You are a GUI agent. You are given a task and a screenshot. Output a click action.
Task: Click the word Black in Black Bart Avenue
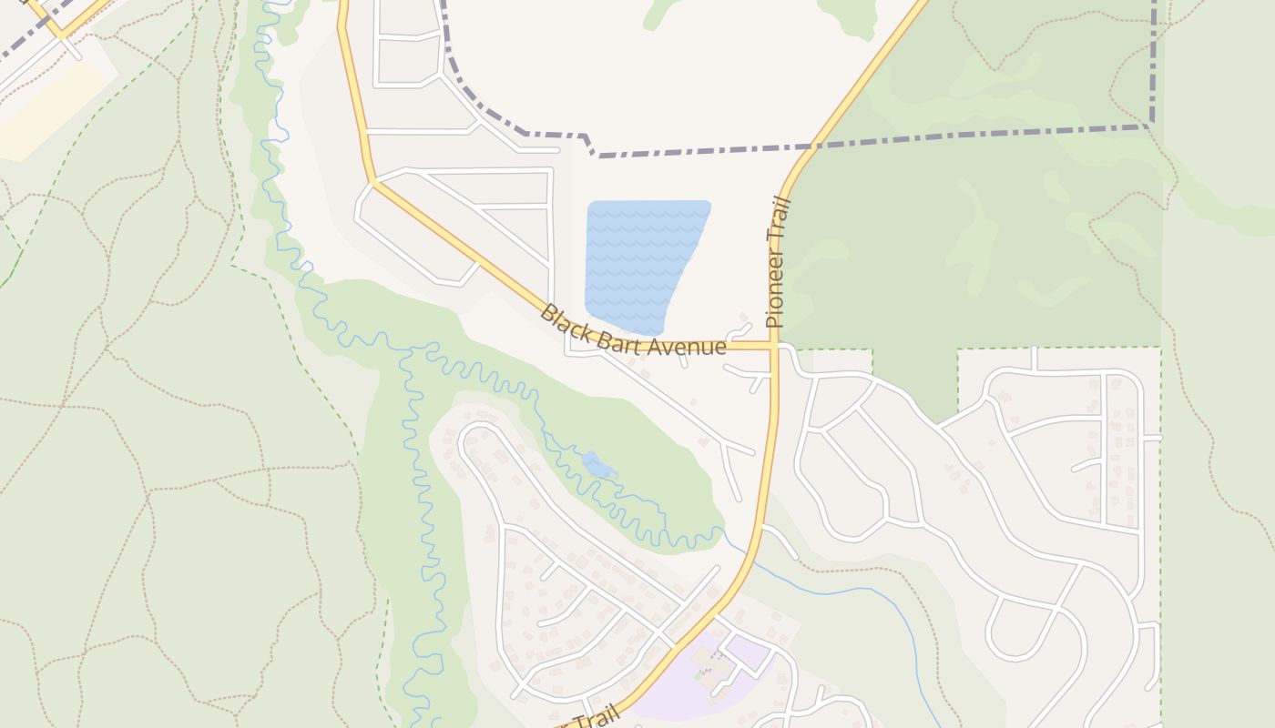click(562, 320)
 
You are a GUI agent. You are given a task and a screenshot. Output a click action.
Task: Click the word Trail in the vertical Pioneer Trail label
click(780, 217)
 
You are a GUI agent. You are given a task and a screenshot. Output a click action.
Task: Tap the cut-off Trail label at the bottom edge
click(592, 719)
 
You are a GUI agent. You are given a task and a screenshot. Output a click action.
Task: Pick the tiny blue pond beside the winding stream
click(598, 466)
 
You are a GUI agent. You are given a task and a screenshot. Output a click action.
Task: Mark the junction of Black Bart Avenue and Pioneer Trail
click(774, 346)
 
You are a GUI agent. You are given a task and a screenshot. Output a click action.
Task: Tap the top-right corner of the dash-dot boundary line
click(1152, 125)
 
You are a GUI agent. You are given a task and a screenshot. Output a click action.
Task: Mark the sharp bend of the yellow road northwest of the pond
click(372, 181)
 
